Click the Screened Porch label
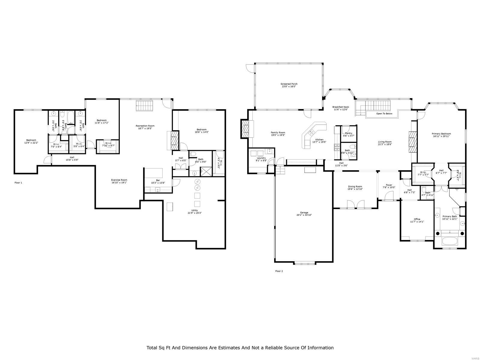pyautogui.click(x=289, y=84)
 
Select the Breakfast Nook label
pyautogui.click(x=340, y=107)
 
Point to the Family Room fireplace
pyautogui.click(x=245, y=128)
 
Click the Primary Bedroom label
pyautogui.click(x=441, y=134)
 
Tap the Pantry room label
pyautogui.click(x=348, y=133)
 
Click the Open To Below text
pyautogui.click(x=384, y=114)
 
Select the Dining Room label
pyautogui.click(x=355, y=187)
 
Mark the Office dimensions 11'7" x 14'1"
pyautogui.click(x=417, y=222)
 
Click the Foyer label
pyautogui.click(x=389, y=185)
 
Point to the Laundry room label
pyautogui.click(x=261, y=158)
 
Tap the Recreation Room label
pyautogui.click(x=145, y=126)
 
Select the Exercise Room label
pyautogui.click(x=119, y=180)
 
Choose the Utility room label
pyautogui.click(x=194, y=210)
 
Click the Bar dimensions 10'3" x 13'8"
pyautogui.click(x=158, y=183)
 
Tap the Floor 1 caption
pyautogui.click(x=18, y=182)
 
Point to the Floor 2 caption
pyautogui.click(x=279, y=271)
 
